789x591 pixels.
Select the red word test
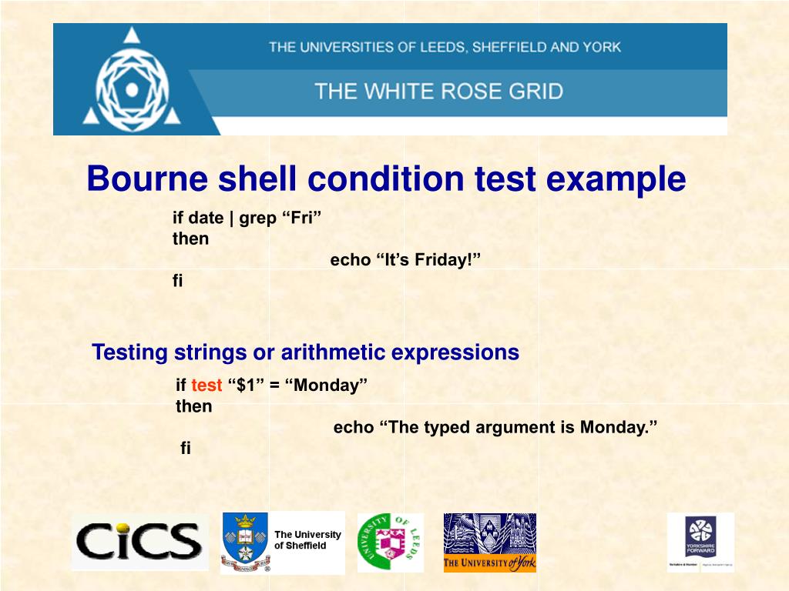coord(206,386)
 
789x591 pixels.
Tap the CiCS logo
coord(139,541)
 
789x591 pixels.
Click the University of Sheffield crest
coord(245,542)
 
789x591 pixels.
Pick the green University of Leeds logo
coord(390,542)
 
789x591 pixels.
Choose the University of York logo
coord(489,543)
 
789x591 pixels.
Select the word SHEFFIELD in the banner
coord(509,47)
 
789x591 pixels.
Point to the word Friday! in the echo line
coord(448,260)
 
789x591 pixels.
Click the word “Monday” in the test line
coord(327,386)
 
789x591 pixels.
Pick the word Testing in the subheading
coord(129,353)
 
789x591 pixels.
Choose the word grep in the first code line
coord(257,219)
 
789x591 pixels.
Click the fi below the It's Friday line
coord(178,281)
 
